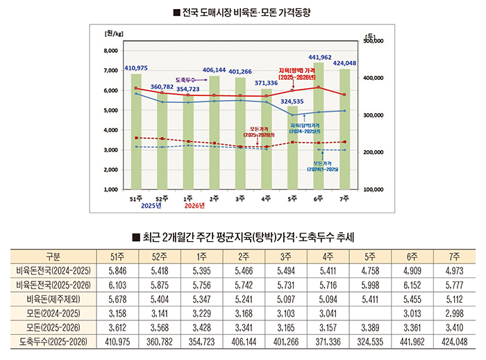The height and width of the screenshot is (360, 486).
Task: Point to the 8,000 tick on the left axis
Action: pyautogui.click(x=110, y=51)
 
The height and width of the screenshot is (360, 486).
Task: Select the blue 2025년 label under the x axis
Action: pyautogui.click(x=151, y=206)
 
